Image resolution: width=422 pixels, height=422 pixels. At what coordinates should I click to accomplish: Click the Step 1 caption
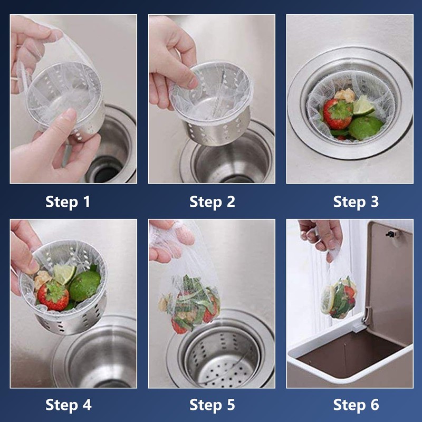pos(68,202)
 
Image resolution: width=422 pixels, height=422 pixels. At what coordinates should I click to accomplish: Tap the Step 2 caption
pos(212,202)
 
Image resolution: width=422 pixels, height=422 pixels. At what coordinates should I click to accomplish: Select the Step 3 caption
pos(356,202)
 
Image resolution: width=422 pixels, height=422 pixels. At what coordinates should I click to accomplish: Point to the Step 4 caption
pos(69,405)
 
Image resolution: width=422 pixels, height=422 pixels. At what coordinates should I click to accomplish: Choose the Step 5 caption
pos(212,405)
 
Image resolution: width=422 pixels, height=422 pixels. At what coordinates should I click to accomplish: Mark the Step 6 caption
pos(356,405)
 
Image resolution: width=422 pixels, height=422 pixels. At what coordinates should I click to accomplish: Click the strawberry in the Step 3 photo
pos(338,113)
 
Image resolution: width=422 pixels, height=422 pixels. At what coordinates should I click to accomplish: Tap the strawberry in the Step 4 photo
pos(54,296)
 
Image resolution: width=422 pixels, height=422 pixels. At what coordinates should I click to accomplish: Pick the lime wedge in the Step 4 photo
pos(64,274)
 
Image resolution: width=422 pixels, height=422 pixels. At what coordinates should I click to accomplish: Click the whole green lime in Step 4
pos(85,285)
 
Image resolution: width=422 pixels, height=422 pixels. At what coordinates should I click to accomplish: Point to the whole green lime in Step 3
pos(366,128)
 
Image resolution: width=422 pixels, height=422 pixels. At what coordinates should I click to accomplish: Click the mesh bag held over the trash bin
pos(339,298)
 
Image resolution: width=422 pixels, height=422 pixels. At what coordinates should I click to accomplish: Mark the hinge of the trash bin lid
pos(366,315)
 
